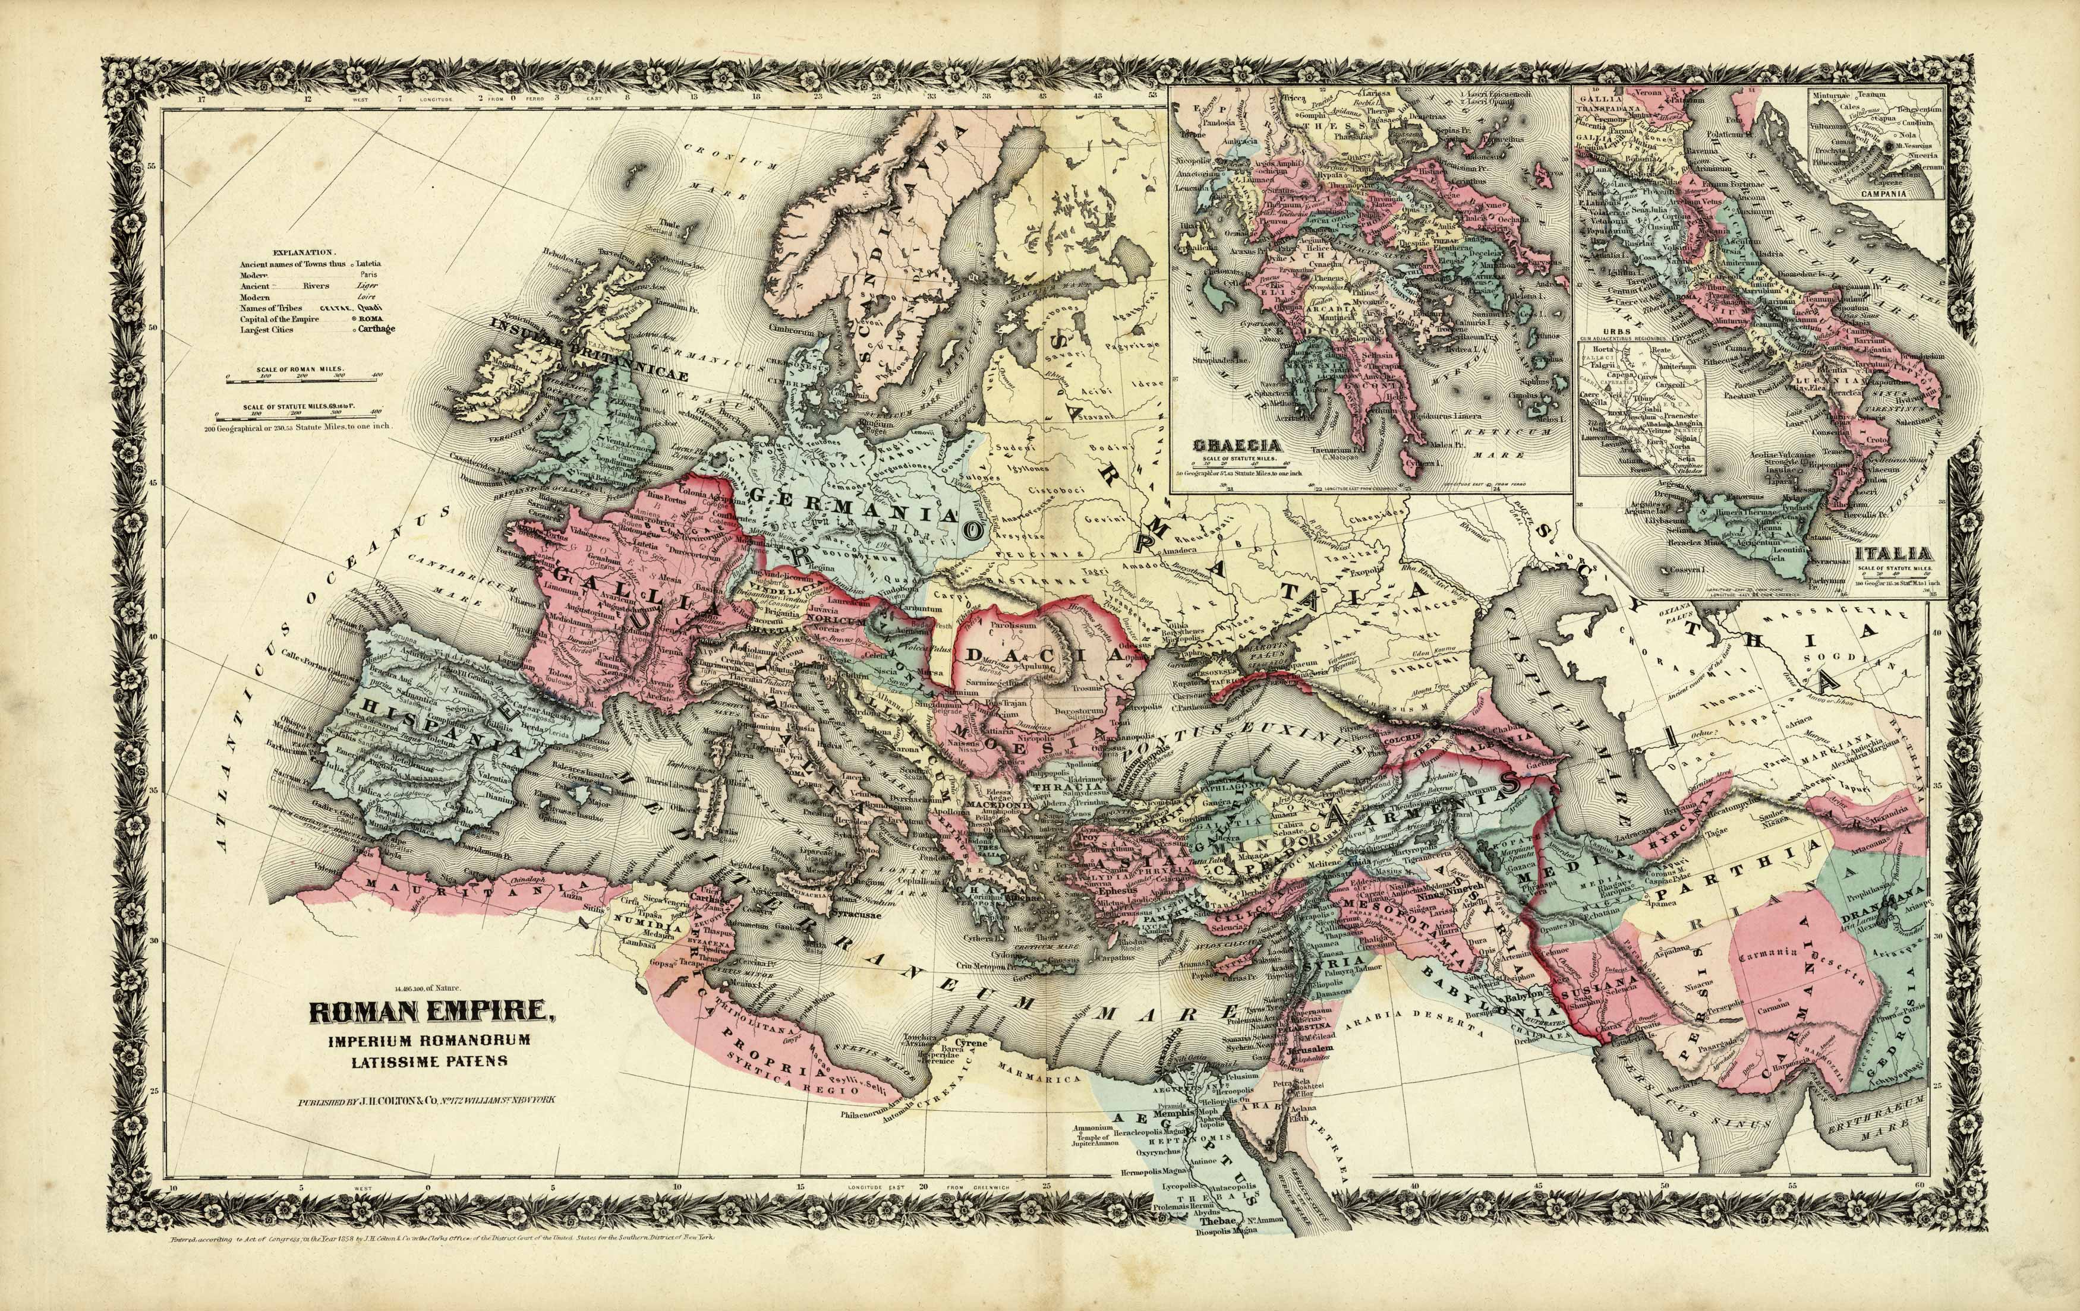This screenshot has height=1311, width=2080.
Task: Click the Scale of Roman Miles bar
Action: (302, 377)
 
